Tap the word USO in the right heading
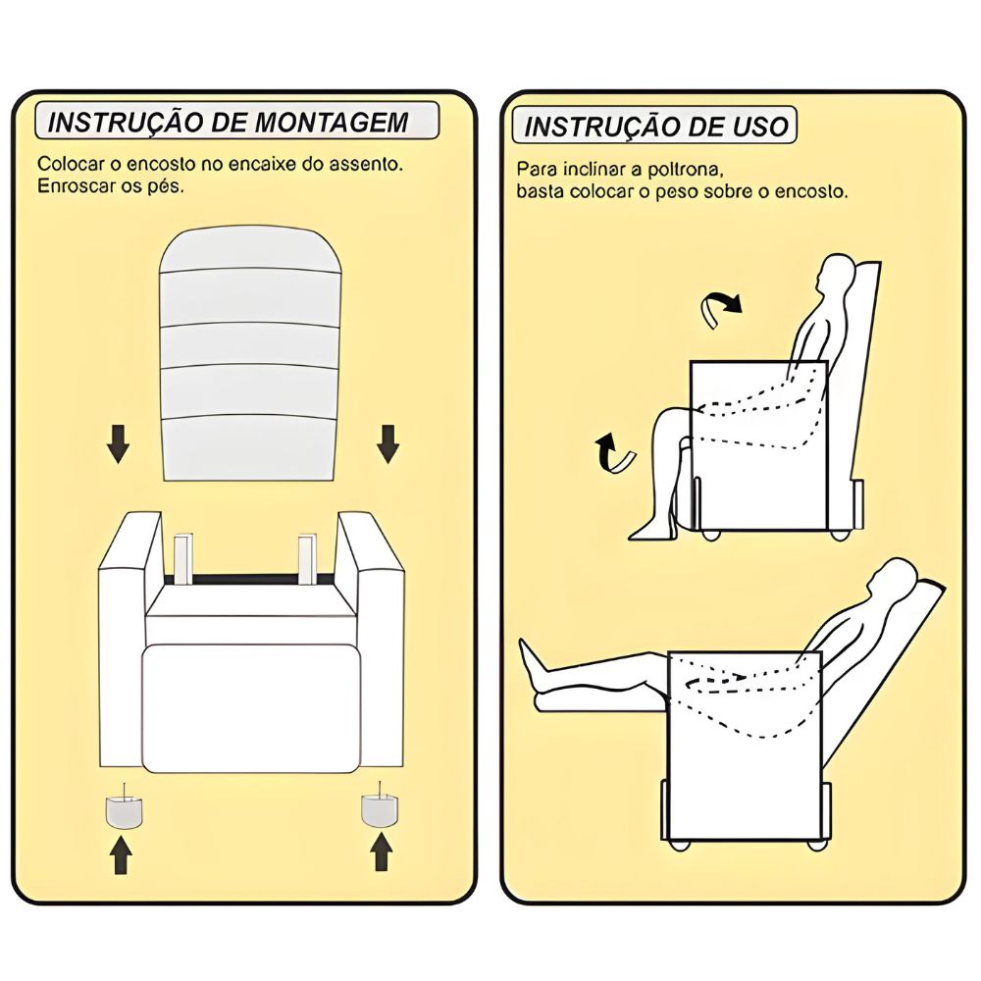tap(761, 126)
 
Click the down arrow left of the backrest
tap(118, 443)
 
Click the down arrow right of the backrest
tap(387, 443)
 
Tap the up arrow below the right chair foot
tap(382, 852)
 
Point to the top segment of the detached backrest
tap(251, 251)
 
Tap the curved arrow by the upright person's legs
tap(614, 453)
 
